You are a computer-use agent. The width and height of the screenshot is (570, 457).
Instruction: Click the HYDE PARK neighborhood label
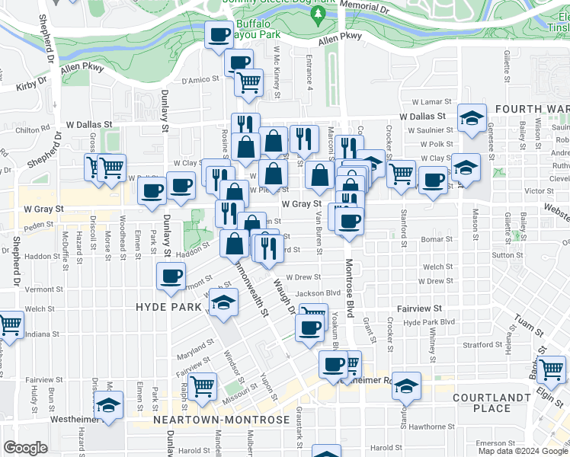168,307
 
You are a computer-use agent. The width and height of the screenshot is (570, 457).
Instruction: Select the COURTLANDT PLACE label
492,403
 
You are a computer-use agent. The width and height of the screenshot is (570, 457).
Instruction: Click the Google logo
25,448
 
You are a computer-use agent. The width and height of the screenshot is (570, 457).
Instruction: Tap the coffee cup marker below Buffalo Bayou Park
219,34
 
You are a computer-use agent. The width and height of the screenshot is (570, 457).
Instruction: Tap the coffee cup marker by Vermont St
170,276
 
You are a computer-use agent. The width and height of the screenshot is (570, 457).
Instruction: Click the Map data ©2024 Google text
523,451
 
